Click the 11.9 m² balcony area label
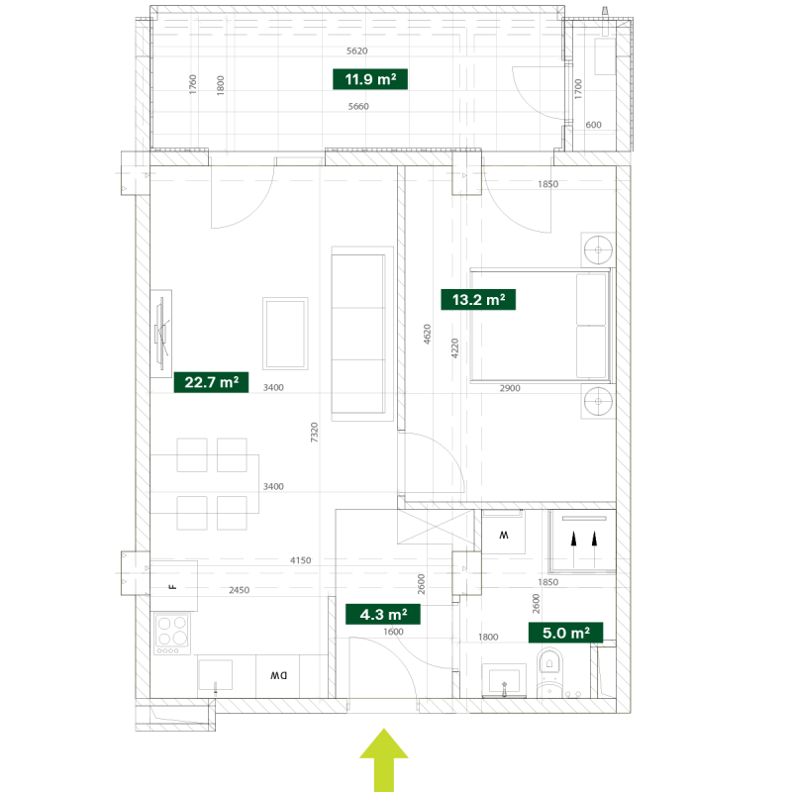370,79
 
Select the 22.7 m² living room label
211,382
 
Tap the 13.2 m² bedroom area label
478,300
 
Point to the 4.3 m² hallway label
383,614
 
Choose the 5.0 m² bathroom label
565,633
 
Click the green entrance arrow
384,759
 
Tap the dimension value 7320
314,433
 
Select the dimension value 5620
357,51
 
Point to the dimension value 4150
301,560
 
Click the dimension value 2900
510,388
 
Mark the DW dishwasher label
278,675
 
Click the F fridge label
172,587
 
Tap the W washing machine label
504,535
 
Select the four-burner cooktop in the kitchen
171,634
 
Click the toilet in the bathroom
549,672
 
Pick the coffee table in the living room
285,334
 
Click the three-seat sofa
362,334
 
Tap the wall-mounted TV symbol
161,334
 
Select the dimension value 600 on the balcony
593,125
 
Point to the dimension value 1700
578,89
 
